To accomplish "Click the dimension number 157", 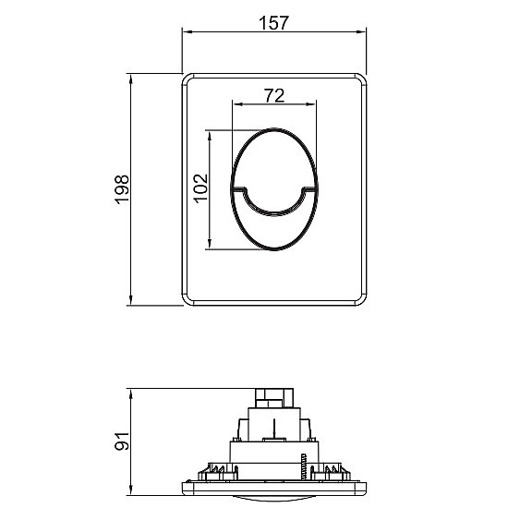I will click(274, 24).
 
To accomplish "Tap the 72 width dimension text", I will click(273, 94).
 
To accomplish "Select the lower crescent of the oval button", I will click(274, 226).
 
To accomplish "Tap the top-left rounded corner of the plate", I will click(187, 79).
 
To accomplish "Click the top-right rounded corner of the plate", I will click(361, 79).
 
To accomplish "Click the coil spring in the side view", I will click(301, 466).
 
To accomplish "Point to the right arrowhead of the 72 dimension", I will click(315, 103).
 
